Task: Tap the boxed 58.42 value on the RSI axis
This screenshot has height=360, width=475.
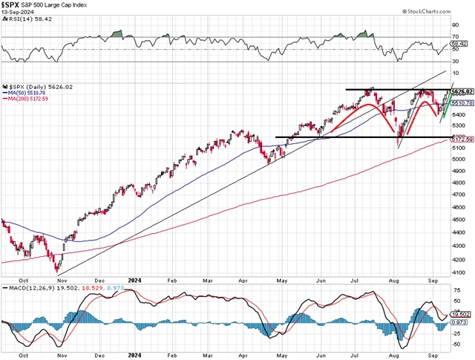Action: point(460,45)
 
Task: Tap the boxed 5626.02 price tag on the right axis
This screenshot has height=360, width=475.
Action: point(462,91)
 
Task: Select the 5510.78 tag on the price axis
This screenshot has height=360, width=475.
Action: point(462,102)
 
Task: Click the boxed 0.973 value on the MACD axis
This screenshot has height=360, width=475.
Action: point(461,321)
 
